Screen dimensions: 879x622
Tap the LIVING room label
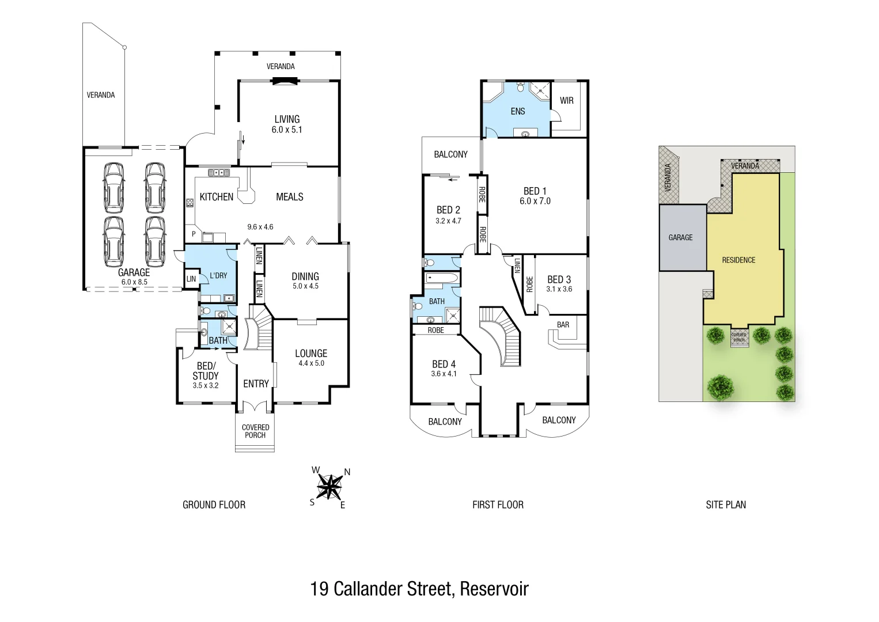pyautogui.click(x=287, y=119)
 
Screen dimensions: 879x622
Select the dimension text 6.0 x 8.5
pyautogui.click(x=134, y=282)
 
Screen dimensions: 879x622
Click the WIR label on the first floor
pyautogui.click(x=567, y=100)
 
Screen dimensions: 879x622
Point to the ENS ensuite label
pyautogui.click(x=518, y=111)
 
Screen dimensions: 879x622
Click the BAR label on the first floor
pyautogui.click(x=563, y=325)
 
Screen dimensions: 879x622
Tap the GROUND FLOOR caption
pyautogui.click(x=214, y=505)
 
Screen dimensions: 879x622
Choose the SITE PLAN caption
pyautogui.click(x=726, y=505)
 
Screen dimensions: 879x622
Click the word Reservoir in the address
pyautogui.click(x=494, y=589)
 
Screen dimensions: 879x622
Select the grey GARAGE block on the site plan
pyautogui.click(x=682, y=237)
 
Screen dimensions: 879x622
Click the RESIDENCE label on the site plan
pyautogui.click(x=738, y=260)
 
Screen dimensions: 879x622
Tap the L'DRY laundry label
pyautogui.click(x=218, y=275)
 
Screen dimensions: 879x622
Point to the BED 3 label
pyautogui.click(x=559, y=279)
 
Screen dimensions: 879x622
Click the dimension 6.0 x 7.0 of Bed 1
pyautogui.click(x=535, y=201)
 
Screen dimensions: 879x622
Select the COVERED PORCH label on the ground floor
pyautogui.click(x=255, y=431)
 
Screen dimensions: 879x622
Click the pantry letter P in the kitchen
pyautogui.click(x=194, y=234)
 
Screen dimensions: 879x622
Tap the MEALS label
pyautogui.click(x=289, y=197)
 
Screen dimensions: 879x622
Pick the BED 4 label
pyautogui.click(x=444, y=364)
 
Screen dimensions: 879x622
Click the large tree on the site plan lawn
pyautogui.click(x=720, y=386)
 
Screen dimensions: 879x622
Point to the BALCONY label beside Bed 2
pyautogui.click(x=450, y=154)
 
